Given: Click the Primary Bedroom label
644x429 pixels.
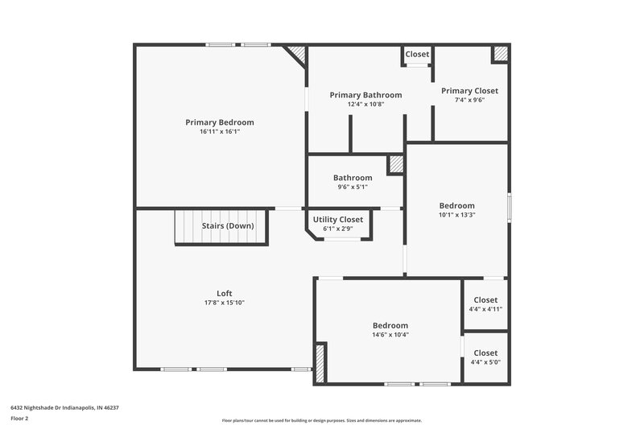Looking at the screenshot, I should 219,122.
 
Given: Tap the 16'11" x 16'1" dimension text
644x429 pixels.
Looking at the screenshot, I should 219,131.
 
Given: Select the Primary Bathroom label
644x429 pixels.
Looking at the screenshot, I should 365,95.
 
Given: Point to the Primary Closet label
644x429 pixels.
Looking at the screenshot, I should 469,91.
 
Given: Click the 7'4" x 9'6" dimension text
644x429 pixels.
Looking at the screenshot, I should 469,100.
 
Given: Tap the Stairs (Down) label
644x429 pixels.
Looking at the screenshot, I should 228,226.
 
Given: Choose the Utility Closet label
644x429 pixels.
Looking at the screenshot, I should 338,220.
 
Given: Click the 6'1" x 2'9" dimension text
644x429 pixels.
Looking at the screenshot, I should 338,229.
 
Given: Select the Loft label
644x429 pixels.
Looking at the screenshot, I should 225,293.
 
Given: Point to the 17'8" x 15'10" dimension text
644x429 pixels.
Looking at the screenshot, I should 225,303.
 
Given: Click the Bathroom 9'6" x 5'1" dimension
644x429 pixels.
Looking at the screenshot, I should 353,187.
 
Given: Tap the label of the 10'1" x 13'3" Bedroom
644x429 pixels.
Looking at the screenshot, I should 456,205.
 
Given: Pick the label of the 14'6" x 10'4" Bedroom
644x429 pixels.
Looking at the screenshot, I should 390,325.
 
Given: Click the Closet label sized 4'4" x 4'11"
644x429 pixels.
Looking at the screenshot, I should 485,300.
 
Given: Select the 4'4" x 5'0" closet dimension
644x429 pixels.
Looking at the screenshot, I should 485,362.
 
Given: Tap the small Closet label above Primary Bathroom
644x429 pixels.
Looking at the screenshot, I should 417,54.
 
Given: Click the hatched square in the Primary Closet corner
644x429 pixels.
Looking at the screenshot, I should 501,54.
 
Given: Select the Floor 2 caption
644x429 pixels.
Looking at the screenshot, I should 19,419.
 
